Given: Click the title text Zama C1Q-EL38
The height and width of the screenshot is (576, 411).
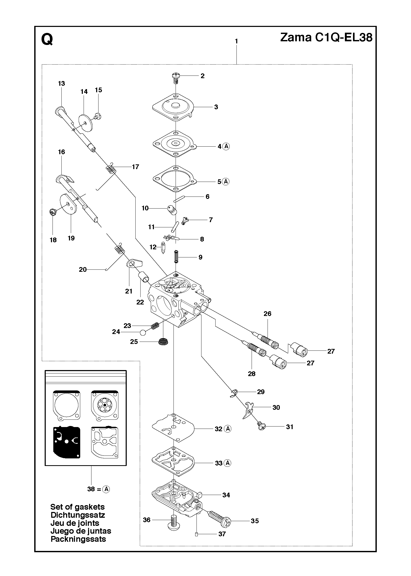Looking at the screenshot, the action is pyautogui.click(x=326, y=38).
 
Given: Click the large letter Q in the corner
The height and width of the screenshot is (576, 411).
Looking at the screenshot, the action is pyautogui.click(x=47, y=40).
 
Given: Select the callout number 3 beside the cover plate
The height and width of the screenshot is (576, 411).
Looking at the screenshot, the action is pyautogui.click(x=216, y=107).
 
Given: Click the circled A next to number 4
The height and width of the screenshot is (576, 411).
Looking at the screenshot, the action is pyautogui.click(x=227, y=146).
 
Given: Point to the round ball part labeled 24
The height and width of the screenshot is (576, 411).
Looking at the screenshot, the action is pyautogui.click(x=143, y=333).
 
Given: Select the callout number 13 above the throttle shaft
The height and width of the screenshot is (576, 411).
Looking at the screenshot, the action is pyautogui.click(x=61, y=83).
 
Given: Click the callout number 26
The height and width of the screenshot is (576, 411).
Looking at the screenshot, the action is pyautogui.click(x=268, y=314).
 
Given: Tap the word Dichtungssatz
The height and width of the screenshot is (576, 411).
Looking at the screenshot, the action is pyautogui.click(x=78, y=515).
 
